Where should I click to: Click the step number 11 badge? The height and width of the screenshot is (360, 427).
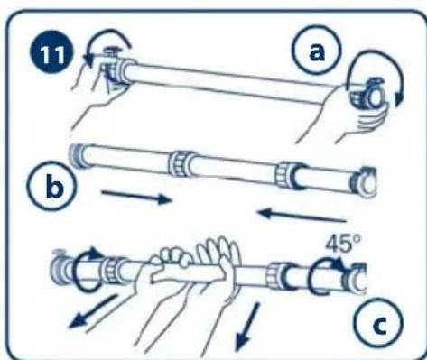pos(51,55)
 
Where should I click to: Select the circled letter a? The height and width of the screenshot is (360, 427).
pos(318,51)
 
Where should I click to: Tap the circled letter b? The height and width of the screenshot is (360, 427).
pos(53,186)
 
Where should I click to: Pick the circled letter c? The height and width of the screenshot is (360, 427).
pos(378,323)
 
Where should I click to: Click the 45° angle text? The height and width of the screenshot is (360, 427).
pos(343,243)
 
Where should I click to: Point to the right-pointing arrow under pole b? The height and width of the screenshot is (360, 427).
pos(136,197)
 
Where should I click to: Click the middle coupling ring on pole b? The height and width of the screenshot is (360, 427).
pos(180,163)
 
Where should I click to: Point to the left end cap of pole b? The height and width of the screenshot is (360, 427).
pos(77,155)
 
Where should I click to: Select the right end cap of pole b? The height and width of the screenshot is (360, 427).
pos(364,181)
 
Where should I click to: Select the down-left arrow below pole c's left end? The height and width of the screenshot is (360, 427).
pos(92,312)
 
